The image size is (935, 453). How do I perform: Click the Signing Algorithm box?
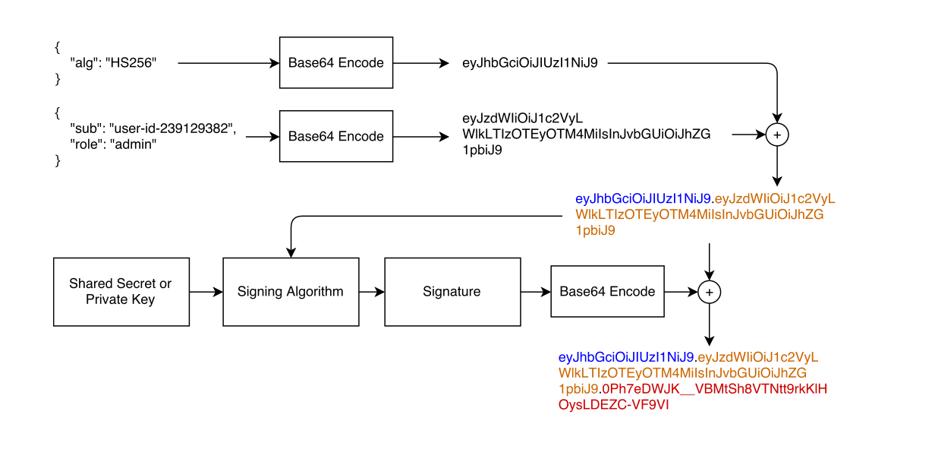coord(290,292)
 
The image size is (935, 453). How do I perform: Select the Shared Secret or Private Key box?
coord(121,292)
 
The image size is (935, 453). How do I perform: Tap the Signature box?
coord(452,292)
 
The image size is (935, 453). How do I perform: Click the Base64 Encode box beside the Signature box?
coord(607,292)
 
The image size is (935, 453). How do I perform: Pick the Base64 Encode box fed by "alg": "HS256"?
coord(335,63)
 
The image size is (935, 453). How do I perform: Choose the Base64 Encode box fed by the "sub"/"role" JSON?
coord(335,137)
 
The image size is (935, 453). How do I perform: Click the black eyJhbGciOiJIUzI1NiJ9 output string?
coord(530,63)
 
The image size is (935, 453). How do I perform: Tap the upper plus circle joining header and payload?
coord(777,135)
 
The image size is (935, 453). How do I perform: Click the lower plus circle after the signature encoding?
coord(708,292)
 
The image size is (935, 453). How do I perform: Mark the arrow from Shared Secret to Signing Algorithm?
coord(206,292)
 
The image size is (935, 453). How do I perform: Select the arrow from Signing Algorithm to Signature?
coord(371,292)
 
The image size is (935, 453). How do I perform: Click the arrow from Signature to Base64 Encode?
coord(534,292)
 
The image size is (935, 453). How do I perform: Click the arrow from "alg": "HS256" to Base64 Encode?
coord(228,63)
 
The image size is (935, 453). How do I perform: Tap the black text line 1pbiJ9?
coord(482,150)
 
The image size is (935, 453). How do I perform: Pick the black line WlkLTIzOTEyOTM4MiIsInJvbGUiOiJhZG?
coord(586,135)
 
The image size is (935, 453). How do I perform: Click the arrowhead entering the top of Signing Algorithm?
coord(290,252)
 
